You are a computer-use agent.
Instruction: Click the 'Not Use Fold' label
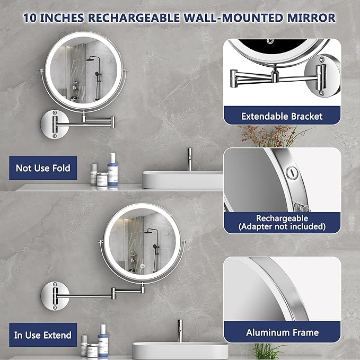[43, 169]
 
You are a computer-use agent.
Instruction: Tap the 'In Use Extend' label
[42, 335]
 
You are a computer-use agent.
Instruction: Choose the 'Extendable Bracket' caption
[282, 116]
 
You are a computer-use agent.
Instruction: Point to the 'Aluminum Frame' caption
[282, 332]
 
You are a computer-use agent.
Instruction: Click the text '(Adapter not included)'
[282, 227]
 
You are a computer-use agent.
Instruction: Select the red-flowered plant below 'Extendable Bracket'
[265, 135]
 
